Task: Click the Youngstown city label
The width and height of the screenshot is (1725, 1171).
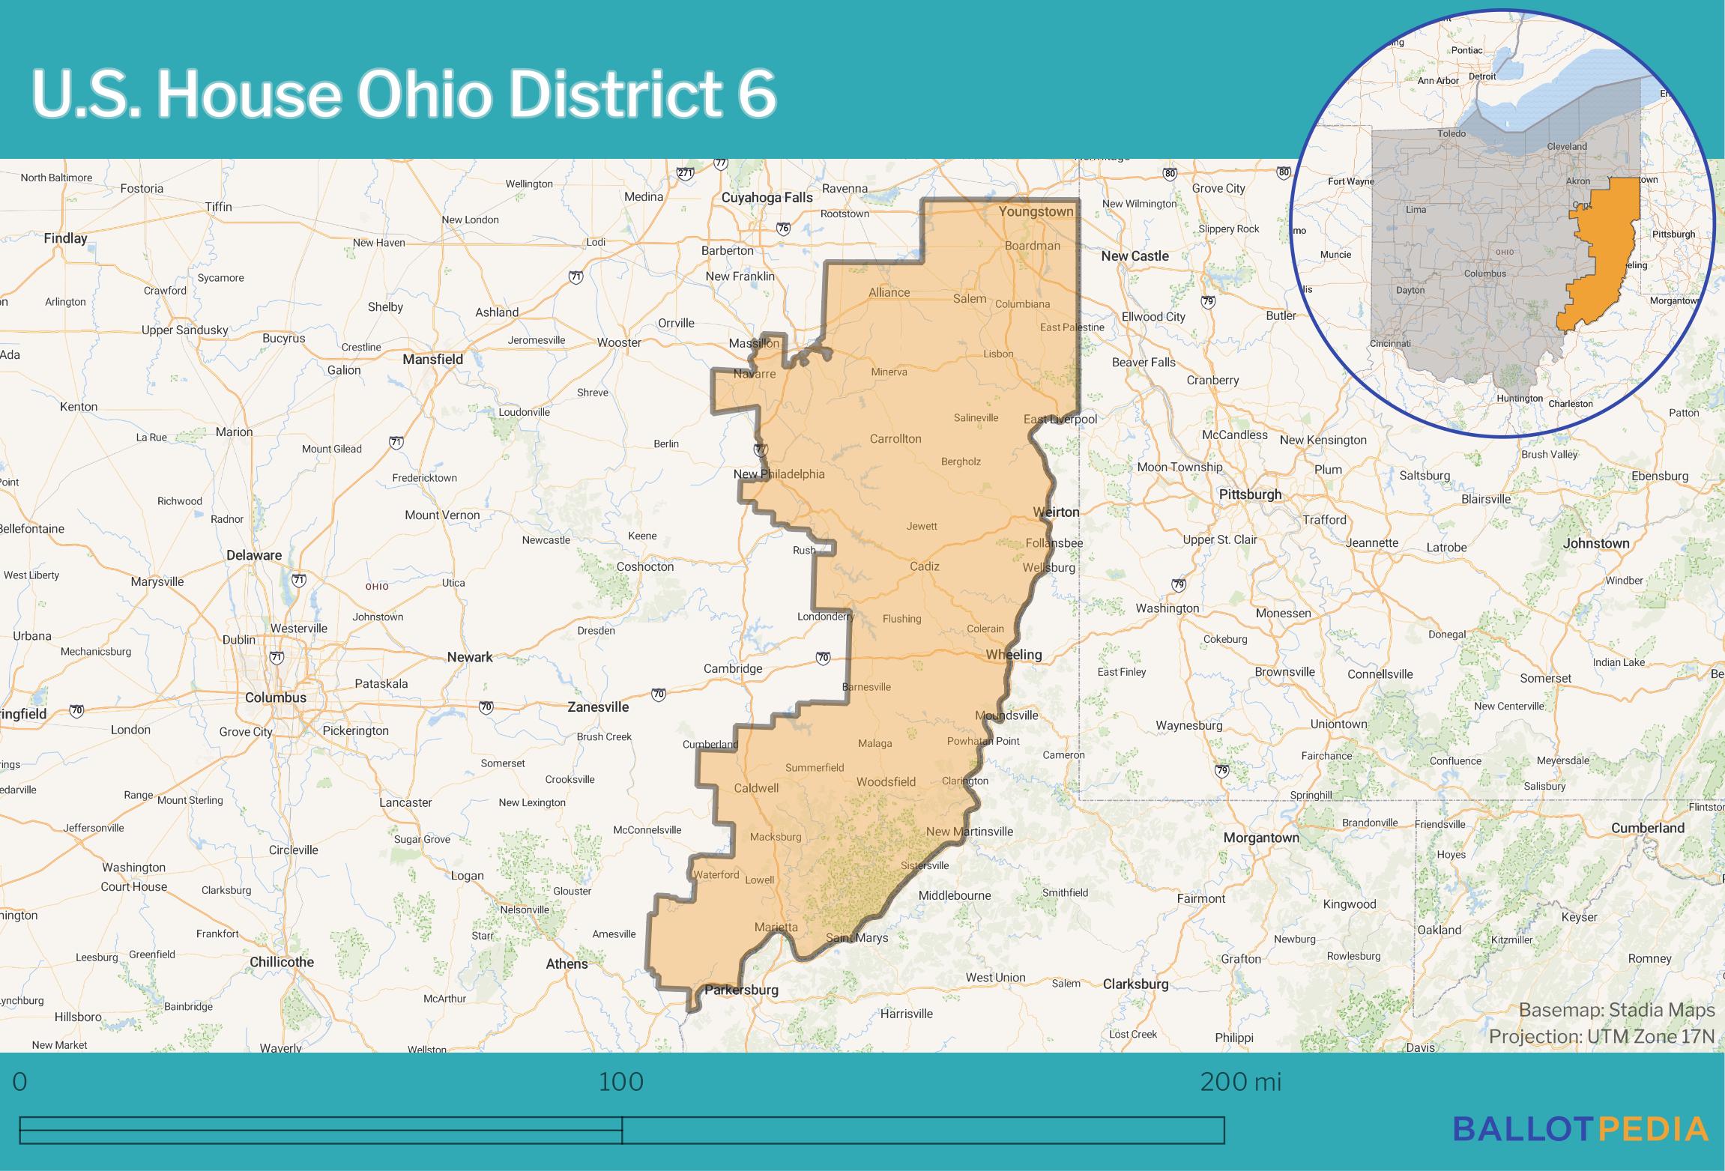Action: click(1036, 212)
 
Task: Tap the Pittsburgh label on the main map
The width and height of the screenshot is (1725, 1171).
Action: click(1250, 494)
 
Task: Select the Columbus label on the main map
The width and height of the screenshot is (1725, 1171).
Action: click(276, 698)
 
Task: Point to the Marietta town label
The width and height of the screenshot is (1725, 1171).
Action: click(776, 927)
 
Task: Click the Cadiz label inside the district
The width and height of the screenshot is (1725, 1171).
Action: click(924, 566)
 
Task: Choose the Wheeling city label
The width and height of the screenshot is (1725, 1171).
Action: click(1013, 655)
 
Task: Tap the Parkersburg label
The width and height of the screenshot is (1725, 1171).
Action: click(741, 990)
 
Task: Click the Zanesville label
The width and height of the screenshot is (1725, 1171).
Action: click(598, 707)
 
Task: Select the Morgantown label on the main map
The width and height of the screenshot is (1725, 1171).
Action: click(1261, 838)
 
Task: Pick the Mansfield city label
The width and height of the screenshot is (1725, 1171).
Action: click(432, 360)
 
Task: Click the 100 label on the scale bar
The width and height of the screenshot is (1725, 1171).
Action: click(620, 1082)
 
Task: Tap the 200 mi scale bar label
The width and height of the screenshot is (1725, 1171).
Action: click(1240, 1082)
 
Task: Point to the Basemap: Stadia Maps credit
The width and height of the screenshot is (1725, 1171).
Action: click(1616, 1011)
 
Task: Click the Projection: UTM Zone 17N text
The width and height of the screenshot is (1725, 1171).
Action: click(1601, 1037)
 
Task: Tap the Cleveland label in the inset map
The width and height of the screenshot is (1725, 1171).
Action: click(1567, 146)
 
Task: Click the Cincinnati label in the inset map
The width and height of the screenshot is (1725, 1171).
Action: click(1390, 343)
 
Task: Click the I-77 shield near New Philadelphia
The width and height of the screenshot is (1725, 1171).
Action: click(761, 450)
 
